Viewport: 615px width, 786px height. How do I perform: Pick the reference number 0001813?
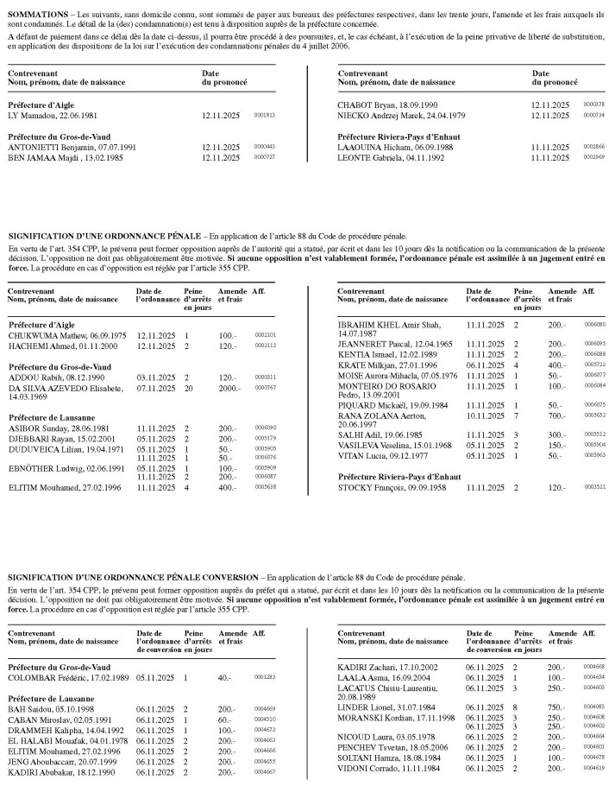click(264, 115)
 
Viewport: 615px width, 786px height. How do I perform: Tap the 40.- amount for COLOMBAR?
click(227, 678)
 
